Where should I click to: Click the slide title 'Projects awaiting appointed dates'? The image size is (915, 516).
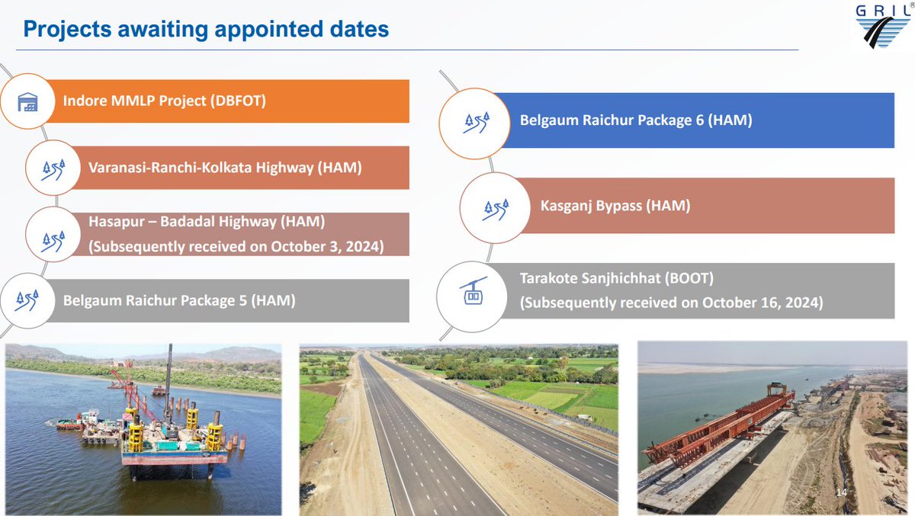click(x=206, y=30)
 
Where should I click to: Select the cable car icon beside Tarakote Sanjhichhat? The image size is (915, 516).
click(x=473, y=290)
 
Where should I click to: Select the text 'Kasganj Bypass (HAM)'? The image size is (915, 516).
click(x=615, y=206)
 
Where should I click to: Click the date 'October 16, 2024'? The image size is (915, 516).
click(x=762, y=303)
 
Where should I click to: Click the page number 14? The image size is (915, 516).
click(x=842, y=493)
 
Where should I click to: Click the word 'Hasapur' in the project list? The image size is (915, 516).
click(x=114, y=222)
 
